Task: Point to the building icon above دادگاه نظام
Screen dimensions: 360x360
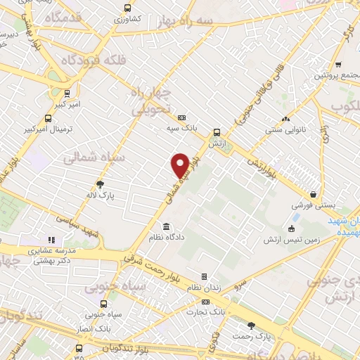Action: [x=166, y=227]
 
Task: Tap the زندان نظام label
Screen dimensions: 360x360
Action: [x=204, y=287]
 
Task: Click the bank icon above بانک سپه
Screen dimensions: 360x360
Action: [x=183, y=117]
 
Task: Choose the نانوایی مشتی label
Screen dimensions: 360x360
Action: [x=284, y=130]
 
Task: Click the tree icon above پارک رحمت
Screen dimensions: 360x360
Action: [x=252, y=325]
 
